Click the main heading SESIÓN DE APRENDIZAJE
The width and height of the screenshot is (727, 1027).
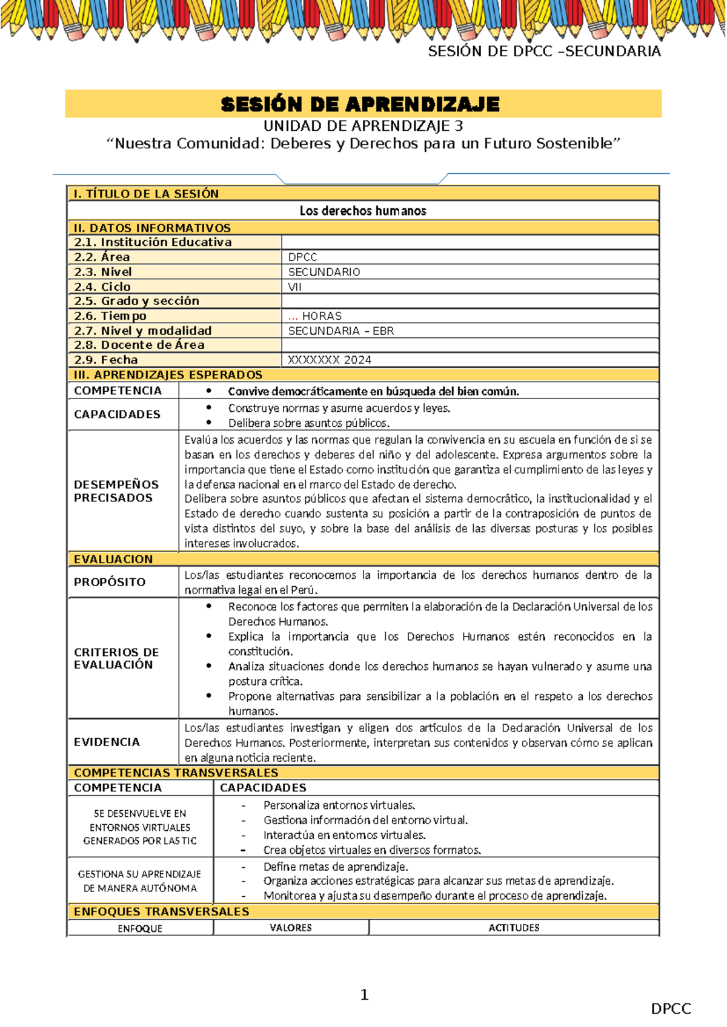click(360, 104)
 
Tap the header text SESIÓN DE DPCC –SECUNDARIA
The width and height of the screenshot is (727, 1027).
click(543, 51)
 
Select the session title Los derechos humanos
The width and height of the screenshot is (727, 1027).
click(362, 211)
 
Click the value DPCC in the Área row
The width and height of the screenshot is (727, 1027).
click(302, 257)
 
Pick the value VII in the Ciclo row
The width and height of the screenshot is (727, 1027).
click(294, 287)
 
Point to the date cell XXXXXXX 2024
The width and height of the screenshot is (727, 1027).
click(329, 360)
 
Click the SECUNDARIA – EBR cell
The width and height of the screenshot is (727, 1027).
click(340, 331)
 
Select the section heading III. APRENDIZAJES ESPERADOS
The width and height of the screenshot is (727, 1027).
click(168, 375)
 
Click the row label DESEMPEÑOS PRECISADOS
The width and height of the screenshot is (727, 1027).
click(116, 491)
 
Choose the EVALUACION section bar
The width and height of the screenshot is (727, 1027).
click(113, 559)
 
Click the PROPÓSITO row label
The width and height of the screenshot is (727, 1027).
click(110, 582)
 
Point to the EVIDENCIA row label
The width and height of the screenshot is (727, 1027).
click(107, 742)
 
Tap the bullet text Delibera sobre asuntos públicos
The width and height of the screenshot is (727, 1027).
click(308, 423)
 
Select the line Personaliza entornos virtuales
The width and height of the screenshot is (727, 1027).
click(339, 805)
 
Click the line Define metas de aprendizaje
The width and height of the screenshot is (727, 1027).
click(335, 867)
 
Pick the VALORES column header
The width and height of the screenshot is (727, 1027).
click(290, 928)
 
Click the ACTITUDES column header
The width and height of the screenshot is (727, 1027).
click(513, 928)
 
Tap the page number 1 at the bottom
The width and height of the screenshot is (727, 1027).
click(364, 994)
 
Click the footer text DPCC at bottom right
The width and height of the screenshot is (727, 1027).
click(671, 1009)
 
